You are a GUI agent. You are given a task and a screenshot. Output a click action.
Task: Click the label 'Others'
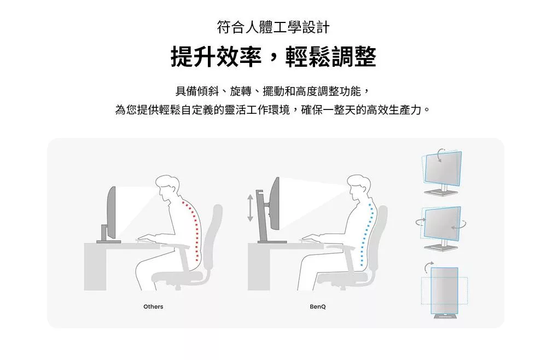pos(153,306)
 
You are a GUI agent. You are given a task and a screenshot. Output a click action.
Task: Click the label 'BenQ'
pos(317,306)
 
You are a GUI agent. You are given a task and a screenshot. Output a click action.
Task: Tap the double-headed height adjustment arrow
pos(250,207)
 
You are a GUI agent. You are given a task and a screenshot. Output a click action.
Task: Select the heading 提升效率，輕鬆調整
pos(273,57)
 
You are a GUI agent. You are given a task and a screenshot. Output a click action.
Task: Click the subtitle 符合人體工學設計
pos(273,26)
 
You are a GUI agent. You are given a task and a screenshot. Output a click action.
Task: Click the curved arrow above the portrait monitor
pos(427,266)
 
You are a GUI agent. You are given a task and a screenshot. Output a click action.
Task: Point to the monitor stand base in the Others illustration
pos(108,241)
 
